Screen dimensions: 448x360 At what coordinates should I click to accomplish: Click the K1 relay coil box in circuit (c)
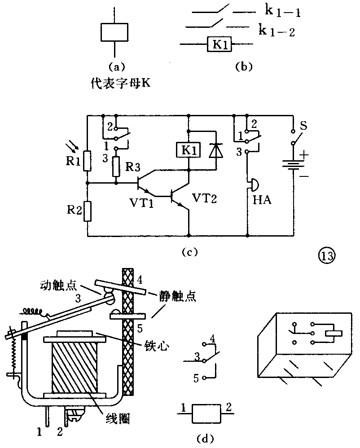tap(189, 150)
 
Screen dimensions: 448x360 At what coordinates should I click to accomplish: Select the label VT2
tap(204, 198)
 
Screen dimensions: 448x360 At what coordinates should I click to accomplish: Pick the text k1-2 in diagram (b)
tap(277, 31)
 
